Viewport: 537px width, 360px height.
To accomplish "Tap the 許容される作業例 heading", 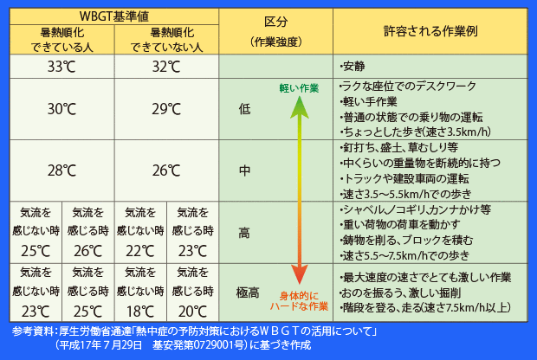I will click(430, 30).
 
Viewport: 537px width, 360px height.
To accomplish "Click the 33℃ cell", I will click(61, 67).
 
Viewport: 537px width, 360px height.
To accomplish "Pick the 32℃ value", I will click(166, 67).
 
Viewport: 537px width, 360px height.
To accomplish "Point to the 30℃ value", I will click(61, 109).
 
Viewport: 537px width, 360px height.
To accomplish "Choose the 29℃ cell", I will click(166, 109).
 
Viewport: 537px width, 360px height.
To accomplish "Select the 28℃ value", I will click(61, 170).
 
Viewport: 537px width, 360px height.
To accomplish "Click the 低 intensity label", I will click(243, 109).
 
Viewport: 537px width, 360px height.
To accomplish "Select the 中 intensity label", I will click(243, 170).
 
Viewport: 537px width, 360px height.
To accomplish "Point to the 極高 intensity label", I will click(249, 292).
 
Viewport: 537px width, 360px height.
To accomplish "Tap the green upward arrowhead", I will click(297, 105).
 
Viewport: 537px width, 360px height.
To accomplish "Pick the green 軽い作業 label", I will click(299, 88).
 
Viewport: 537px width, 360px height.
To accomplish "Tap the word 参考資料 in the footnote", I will click(32, 332).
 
